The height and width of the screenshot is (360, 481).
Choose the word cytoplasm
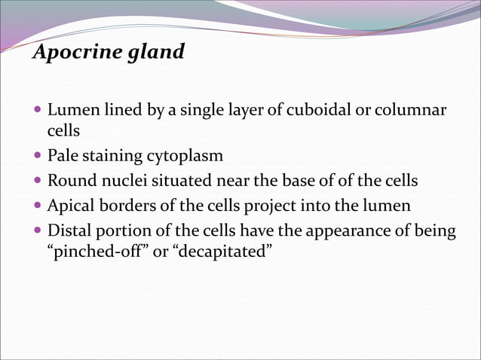185,157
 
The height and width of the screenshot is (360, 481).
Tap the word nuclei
121,182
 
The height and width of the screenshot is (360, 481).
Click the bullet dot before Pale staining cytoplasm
38,157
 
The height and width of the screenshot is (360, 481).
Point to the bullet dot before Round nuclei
38,182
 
